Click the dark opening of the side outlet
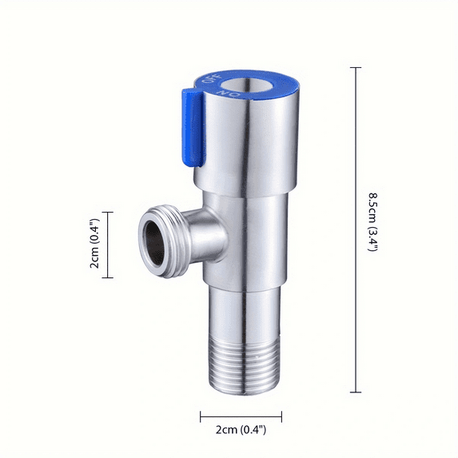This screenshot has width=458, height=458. tap(152, 239)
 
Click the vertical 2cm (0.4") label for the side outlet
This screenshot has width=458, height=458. tap(94, 245)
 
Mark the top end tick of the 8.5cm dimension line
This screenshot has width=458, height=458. tap(356, 68)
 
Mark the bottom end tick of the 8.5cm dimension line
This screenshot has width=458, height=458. tap(356, 392)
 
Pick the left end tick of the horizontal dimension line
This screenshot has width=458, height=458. tap(201, 415)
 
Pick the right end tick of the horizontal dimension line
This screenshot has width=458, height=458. tap(282, 415)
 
